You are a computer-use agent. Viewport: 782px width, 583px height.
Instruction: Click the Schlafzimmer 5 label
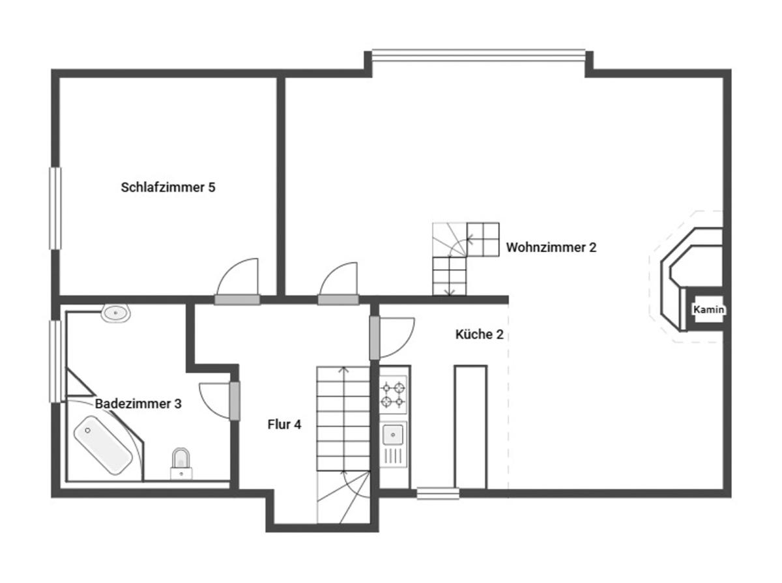click(x=167, y=188)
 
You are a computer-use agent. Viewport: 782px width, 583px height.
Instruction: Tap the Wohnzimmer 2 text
click(x=551, y=248)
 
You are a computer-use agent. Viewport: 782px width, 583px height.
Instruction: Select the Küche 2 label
click(x=479, y=334)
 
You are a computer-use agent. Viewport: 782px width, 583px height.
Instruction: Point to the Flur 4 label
click(x=284, y=425)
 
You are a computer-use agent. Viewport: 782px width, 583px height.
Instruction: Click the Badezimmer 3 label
click(x=138, y=404)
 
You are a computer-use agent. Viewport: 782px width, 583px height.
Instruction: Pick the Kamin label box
click(x=708, y=309)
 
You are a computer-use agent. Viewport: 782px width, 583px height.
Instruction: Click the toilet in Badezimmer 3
click(x=181, y=463)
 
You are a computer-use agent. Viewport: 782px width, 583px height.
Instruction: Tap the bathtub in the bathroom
click(x=102, y=445)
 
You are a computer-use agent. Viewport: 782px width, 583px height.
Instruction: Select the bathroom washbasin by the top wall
click(x=116, y=313)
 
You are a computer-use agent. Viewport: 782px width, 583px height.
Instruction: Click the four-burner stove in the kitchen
click(x=393, y=394)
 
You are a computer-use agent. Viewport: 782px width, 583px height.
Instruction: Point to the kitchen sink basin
click(x=394, y=436)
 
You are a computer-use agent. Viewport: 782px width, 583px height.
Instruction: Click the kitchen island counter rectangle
click(x=471, y=427)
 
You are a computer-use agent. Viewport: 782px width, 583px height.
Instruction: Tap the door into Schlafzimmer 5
click(x=237, y=281)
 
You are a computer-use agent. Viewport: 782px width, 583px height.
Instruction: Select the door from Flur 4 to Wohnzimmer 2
click(x=338, y=284)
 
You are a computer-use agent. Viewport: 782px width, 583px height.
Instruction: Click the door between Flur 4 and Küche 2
click(x=392, y=337)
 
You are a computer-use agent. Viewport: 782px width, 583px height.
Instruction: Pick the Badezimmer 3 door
click(x=220, y=401)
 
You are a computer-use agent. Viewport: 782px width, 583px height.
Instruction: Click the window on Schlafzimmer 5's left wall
click(x=55, y=208)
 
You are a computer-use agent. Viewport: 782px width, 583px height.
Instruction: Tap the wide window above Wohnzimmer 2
click(x=478, y=55)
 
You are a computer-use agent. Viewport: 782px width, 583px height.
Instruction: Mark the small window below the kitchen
click(x=438, y=493)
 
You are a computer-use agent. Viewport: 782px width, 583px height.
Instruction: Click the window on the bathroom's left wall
click(x=55, y=362)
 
